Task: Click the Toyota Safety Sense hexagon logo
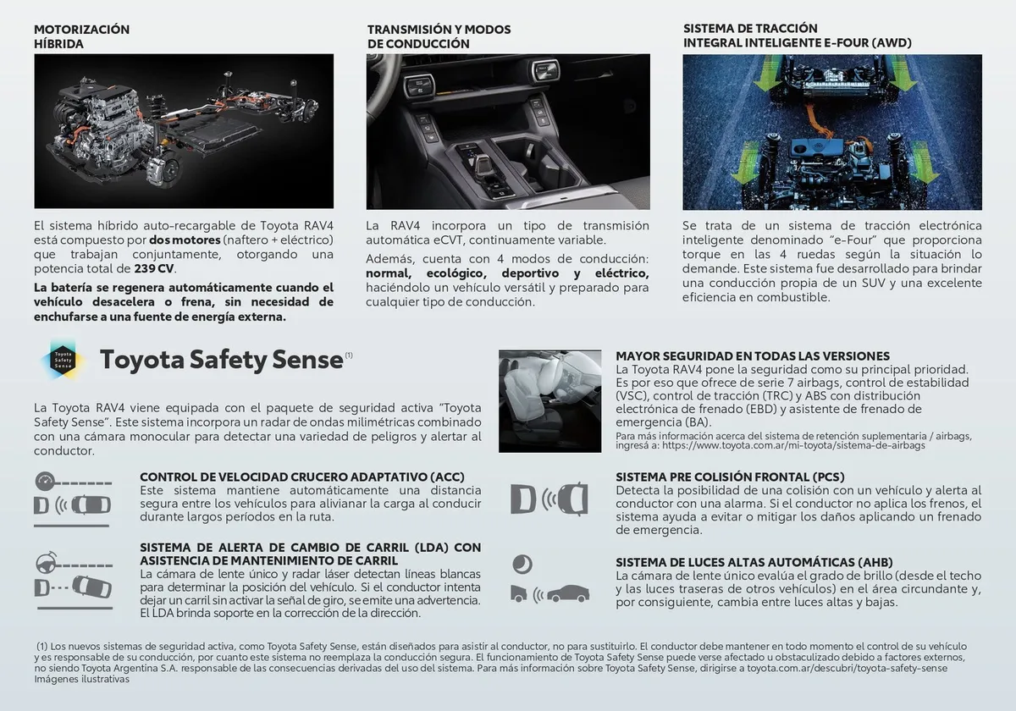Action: (63, 360)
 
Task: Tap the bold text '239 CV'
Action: (154, 269)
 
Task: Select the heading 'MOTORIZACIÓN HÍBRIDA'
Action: (81, 36)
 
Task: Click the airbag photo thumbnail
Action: (549, 401)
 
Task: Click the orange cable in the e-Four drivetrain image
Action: (818, 122)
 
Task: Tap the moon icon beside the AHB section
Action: (522, 565)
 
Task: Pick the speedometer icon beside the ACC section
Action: (45, 482)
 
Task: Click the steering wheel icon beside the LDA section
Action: (47, 562)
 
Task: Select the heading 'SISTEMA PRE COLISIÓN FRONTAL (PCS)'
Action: (730, 477)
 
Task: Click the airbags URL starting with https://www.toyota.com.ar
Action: (793, 445)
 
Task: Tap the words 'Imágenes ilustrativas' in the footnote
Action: (81, 679)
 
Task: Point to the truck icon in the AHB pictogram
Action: (519, 593)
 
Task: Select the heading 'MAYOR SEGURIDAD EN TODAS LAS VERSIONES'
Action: (753, 356)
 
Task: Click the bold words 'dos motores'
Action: (185, 240)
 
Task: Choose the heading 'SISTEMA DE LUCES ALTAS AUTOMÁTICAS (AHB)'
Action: (754, 562)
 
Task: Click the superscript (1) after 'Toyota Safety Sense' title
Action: (349, 355)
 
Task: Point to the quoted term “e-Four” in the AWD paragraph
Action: (850, 240)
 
